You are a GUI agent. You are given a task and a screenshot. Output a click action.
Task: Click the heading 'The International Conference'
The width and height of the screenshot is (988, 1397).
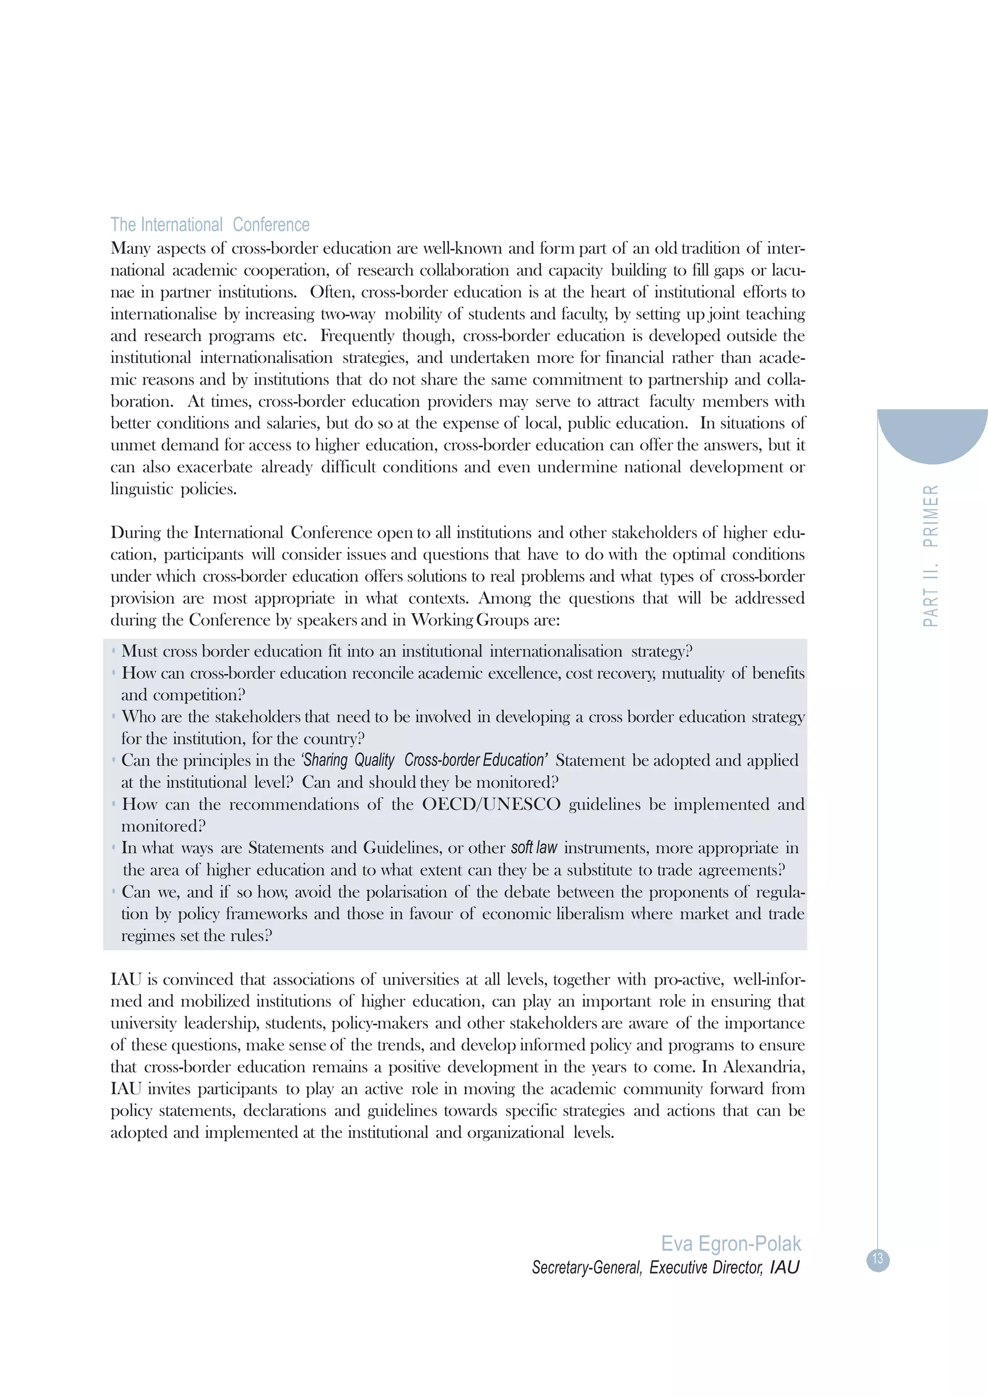point(209,225)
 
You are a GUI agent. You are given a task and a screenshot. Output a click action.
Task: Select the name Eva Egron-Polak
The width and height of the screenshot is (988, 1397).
point(730,1244)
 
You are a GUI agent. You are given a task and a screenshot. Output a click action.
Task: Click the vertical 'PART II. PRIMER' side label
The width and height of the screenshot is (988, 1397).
point(931,555)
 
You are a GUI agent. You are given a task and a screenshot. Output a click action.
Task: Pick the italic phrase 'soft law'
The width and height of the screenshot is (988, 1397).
point(534,847)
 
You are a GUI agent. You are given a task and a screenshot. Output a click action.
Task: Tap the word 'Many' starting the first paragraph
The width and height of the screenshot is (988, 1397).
point(130,248)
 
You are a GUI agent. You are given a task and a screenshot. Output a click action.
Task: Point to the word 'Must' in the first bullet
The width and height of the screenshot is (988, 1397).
point(139,651)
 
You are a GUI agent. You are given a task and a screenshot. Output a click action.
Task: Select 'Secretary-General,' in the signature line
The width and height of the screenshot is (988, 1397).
point(586,1267)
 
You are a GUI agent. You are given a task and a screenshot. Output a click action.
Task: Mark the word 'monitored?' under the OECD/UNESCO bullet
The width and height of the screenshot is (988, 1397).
point(163,826)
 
